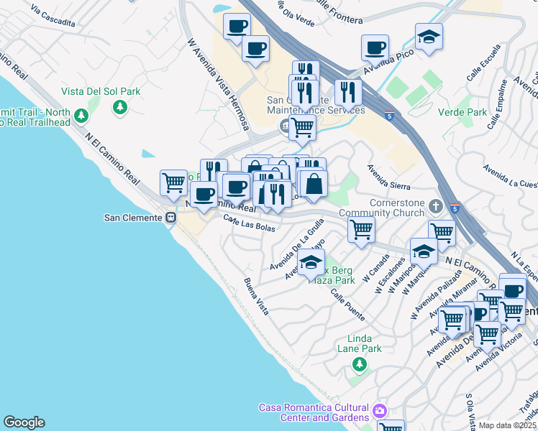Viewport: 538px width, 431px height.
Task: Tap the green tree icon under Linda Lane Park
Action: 359,365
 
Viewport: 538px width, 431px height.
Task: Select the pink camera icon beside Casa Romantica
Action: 379,412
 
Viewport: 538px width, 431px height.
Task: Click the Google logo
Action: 24,422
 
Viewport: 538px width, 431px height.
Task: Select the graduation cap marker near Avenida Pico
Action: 429,37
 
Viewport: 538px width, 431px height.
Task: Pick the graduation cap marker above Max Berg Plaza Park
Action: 311,263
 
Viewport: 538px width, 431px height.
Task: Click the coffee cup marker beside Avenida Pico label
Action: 374,47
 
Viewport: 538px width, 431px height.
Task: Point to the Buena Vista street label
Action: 256,296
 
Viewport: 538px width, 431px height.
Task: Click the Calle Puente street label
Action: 347,305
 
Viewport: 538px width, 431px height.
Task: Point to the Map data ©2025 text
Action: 507,425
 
